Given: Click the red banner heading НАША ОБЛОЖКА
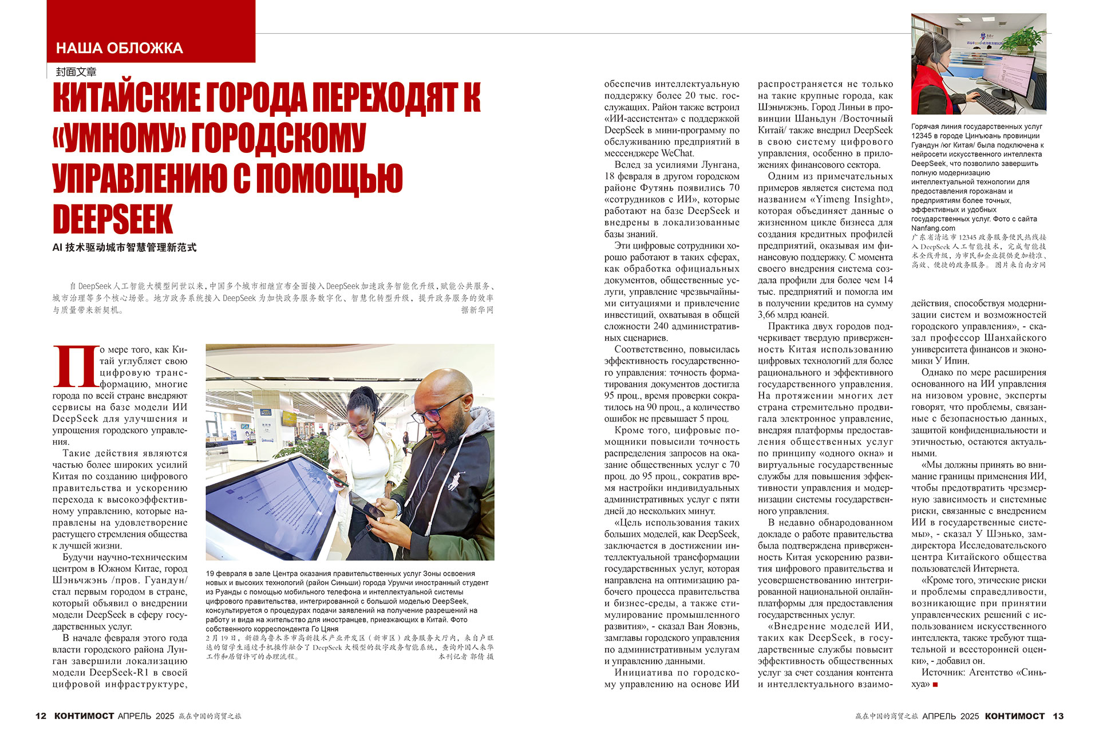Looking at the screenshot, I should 120,48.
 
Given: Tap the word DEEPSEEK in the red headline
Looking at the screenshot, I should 113,219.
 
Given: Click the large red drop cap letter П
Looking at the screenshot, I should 75,366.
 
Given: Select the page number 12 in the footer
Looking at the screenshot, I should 41,716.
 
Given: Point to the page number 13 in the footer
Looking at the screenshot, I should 1058,716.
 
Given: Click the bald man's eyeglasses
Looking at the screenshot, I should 439,408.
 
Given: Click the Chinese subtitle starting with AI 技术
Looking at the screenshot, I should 124,247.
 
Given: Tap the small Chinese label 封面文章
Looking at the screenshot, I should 76,72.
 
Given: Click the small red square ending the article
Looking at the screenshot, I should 935,685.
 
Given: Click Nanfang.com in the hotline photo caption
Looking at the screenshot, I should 933,228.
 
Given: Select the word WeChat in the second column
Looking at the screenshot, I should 677,153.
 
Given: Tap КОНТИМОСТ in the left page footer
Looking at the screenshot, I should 84,716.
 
